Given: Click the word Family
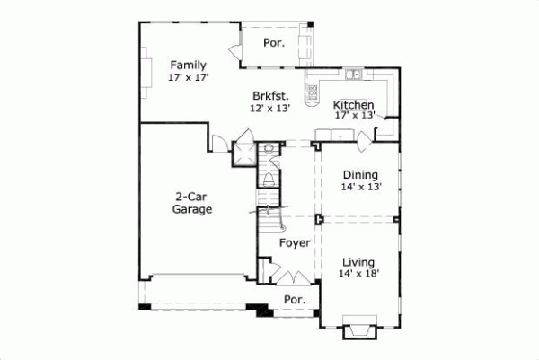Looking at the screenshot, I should pyautogui.click(x=189, y=65).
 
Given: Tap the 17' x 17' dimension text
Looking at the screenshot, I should pyautogui.click(x=189, y=78).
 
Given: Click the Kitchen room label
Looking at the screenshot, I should pyautogui.click(x=354, y=104).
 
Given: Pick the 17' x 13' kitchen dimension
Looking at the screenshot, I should pyautogui.click(x=354, y=116).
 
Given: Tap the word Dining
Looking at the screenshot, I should pyautogui.click(x=360, y=175).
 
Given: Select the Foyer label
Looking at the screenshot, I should pyautogui.click(x=295, y=242).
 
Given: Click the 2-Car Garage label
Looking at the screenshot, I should pyautogui.click(x=193, y=203).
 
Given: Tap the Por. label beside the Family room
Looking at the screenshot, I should pyautogui.click(x=273, y=42).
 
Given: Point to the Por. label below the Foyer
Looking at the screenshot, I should pyautogui.click(x=294, y=299).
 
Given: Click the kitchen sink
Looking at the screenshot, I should pyautogui.click(x=355, y=75).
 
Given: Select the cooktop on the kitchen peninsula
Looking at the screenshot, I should pyautogui.click(x=314, y=91).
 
